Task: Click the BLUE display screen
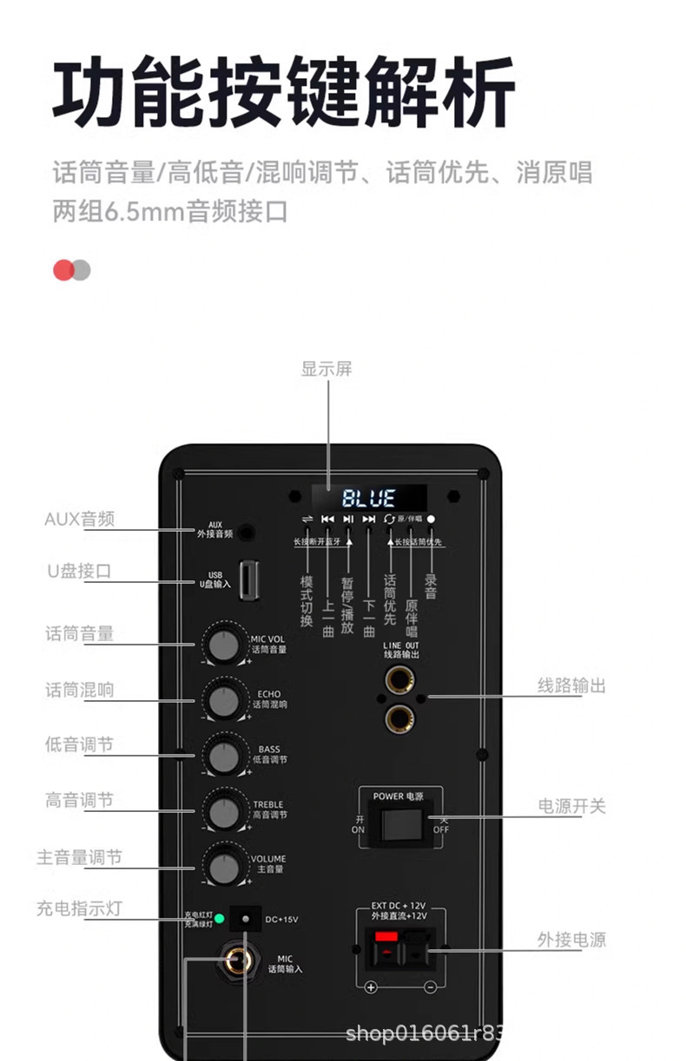[x=369, y=498]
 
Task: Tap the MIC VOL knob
[x=224, y=645]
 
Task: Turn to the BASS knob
[x=224, y=756]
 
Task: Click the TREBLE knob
[x=224, y=812]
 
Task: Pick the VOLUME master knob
[x=224, y=867]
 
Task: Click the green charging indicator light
[x=221, y=919]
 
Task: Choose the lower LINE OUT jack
[x=399, y=717]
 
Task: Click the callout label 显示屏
[x=327, y=369]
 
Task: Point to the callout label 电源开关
[x=571, y=806]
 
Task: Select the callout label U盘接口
[x=79, y=571]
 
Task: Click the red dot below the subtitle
[x=63, y=270]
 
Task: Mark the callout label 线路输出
[x=571, y=685]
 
